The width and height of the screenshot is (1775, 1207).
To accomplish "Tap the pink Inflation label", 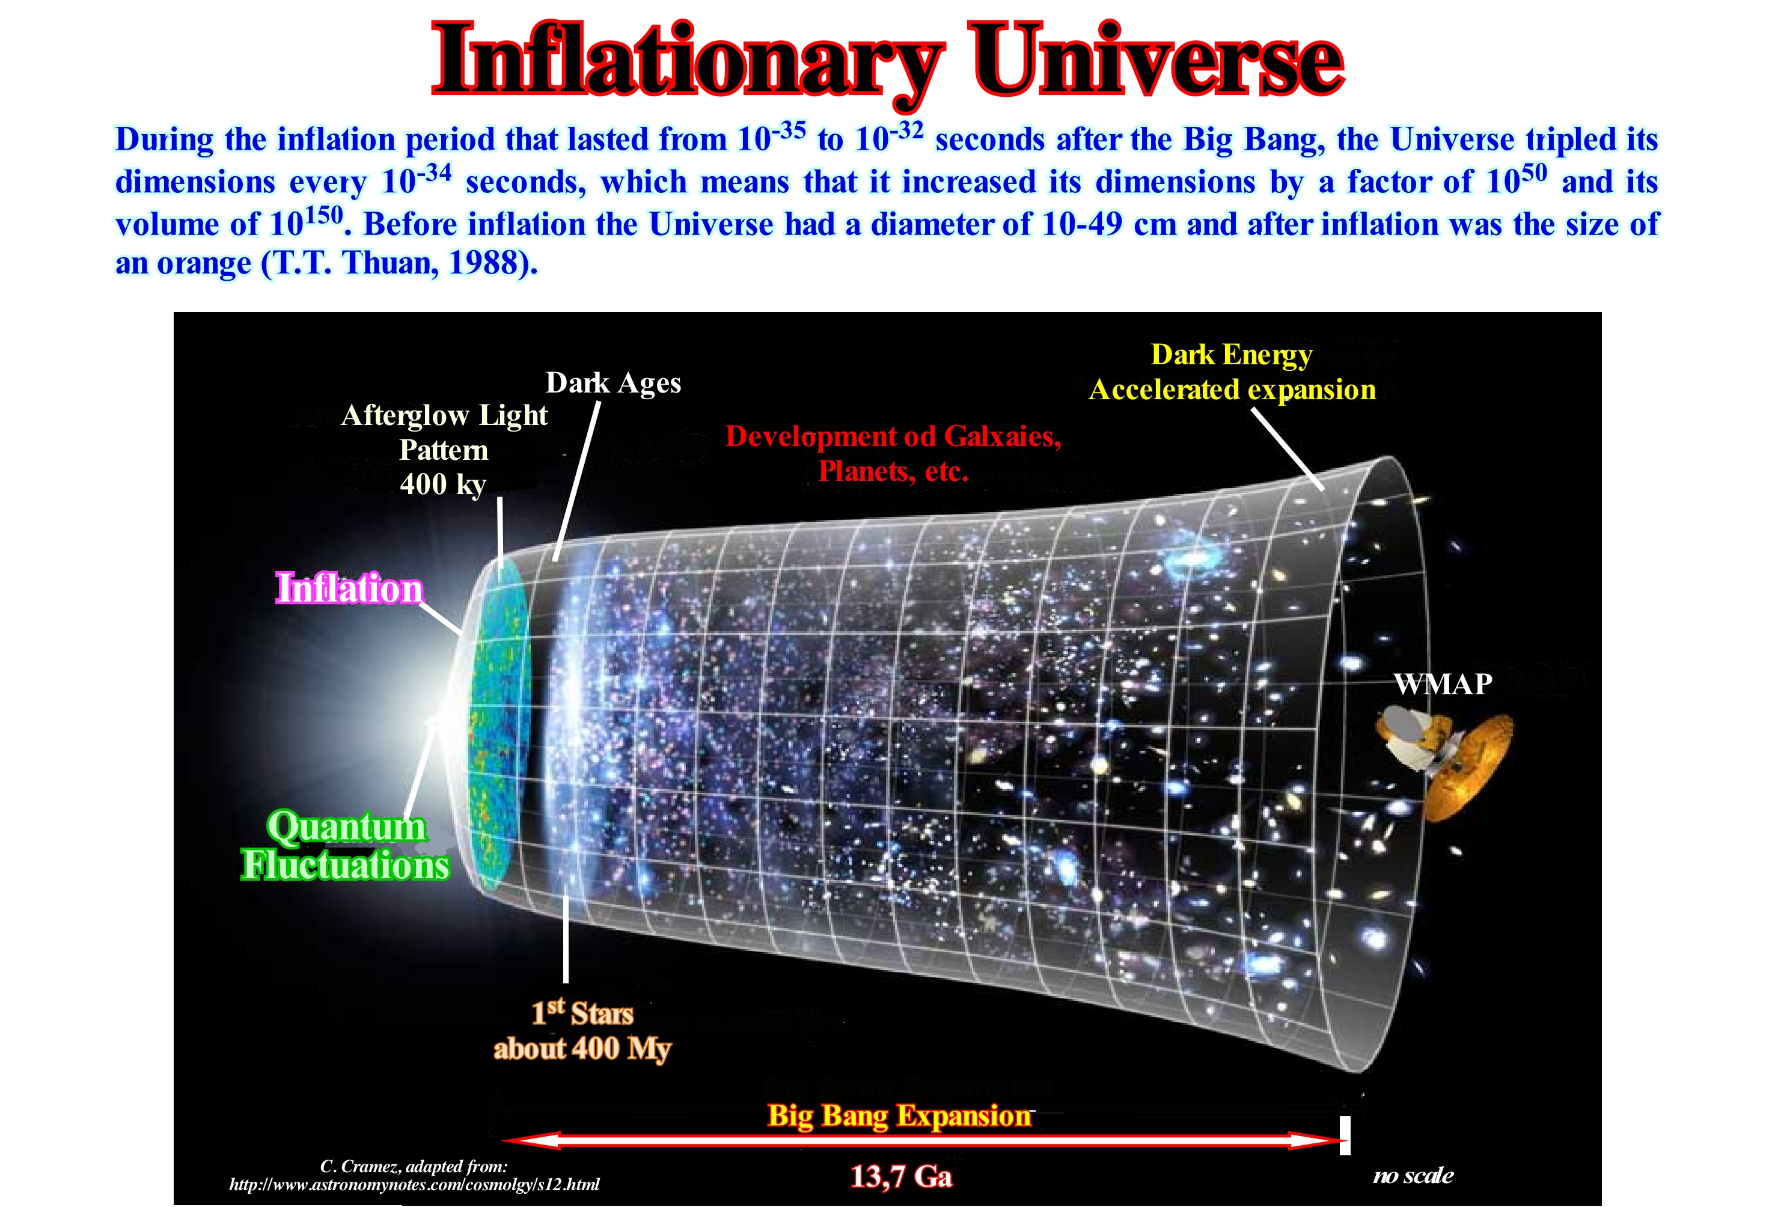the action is tap(349, 588).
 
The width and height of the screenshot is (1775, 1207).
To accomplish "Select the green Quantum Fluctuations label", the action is tap(345, 846).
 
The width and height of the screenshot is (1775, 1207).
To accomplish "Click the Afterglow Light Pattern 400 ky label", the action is tap(444, 449).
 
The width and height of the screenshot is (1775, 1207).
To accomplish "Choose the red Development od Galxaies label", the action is tap(894, 453).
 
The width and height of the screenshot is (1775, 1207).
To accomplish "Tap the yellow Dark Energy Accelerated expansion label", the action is tap(1232, 372).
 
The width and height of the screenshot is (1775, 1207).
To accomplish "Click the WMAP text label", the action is tap(1443, 683).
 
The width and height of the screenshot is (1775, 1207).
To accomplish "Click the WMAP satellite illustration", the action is tap(1444, 764).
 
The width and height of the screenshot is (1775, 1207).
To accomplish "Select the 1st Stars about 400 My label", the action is tap(582, 1030).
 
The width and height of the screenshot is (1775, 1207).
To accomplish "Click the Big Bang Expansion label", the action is tap(899, 1115).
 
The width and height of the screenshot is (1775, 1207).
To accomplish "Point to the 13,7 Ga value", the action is tap(901, 1176).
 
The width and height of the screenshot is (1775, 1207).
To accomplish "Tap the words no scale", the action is tap(1413, 1175).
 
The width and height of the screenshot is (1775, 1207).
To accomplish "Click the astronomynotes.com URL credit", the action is tap(414, 1184).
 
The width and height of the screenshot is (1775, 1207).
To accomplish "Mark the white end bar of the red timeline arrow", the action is tap(1345, 1136).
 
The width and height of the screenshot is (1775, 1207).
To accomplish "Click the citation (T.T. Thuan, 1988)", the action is tap(400, 263).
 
